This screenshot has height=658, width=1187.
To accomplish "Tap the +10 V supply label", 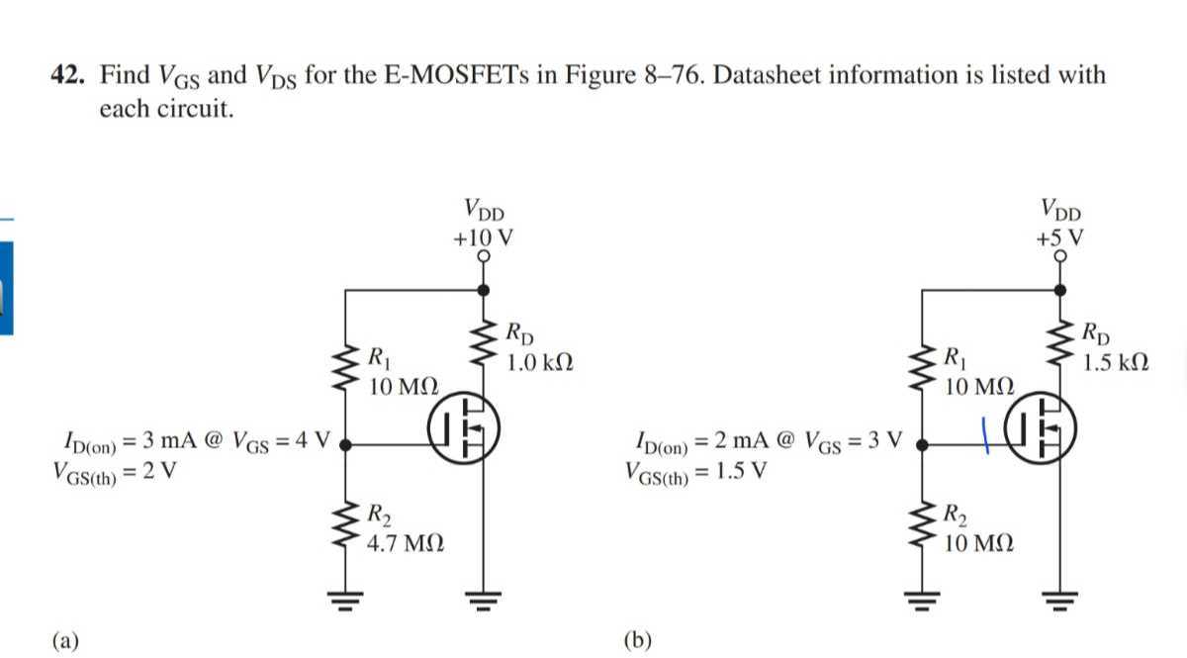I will [x=482, y=237].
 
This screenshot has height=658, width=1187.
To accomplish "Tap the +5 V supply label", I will [x=1059, y=237].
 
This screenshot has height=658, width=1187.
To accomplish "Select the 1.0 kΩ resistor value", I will [x=539, y=363].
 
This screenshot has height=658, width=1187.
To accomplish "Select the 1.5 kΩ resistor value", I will [x=1116, y=363].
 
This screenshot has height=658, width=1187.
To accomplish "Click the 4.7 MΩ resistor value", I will [x=405, y=543].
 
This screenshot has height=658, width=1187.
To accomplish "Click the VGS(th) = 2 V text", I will [x=115, y=472].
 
